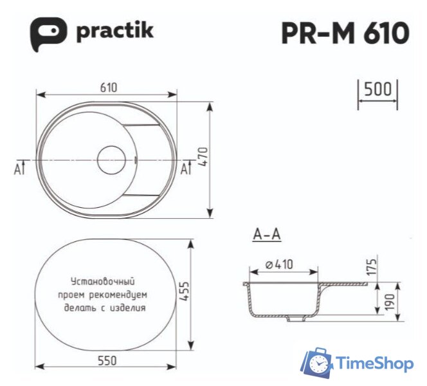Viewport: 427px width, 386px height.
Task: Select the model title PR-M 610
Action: tap(345, 33)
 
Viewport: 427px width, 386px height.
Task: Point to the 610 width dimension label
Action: tap(107, 88)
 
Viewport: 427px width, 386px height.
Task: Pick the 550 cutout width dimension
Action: tap(107, 362)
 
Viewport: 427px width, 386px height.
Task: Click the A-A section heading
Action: tap(267, 235)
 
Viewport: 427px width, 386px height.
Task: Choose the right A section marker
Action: tap(185, 169)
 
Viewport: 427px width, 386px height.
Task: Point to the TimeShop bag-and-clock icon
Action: tap(317, 363)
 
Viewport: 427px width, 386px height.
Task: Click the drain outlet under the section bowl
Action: tap(297, 318)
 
